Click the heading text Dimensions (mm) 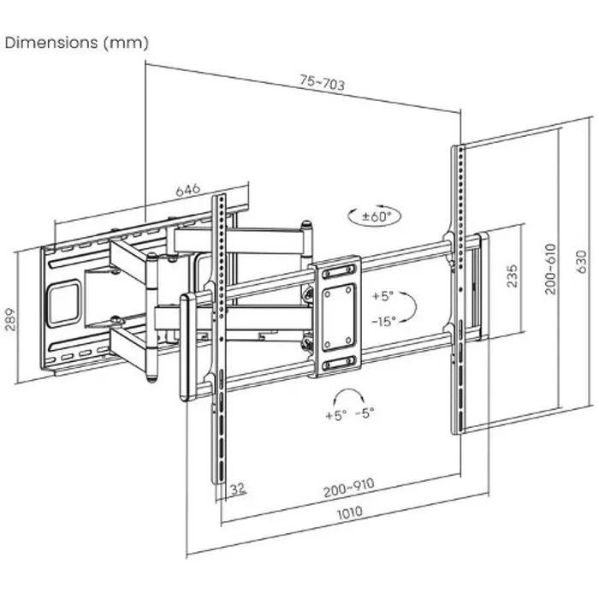click(78, 42)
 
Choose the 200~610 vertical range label click(550, 269)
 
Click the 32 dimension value click(238, 489)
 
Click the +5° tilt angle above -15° click(383, 296)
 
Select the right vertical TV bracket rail click(459, 291)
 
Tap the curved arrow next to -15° click(409, 308)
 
